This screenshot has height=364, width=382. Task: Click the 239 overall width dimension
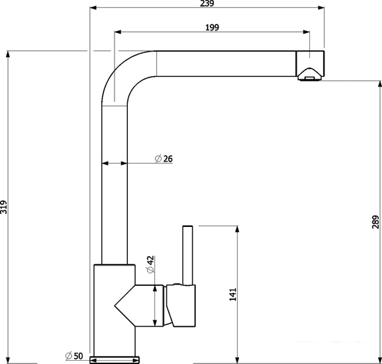coord(207,3)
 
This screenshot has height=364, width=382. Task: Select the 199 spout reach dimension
coord(212,27)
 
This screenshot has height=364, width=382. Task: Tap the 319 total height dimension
coord(3,207)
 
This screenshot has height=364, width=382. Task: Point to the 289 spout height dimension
coord(375,222)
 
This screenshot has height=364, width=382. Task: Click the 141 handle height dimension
coord(233,294)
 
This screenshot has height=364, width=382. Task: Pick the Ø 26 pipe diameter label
coord(164,159)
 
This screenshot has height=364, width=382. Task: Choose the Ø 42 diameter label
coord(150,265)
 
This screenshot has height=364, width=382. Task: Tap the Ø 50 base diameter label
coord(74,355)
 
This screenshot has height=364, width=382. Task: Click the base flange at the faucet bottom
coord(115,360)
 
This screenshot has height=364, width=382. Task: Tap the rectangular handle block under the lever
coord(181,306)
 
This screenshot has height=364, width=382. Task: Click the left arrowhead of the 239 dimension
coord(93,8)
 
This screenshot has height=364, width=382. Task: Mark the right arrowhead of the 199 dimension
coord(307,32)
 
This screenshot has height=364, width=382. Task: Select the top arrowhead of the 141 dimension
coord(237,229)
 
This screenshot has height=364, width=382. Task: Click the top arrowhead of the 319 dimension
coord(8,54)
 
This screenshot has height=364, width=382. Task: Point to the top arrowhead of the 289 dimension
coord(379,84)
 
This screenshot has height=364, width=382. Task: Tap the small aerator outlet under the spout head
coord(310,78)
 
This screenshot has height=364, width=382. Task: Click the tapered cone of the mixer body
coord(124,305)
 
